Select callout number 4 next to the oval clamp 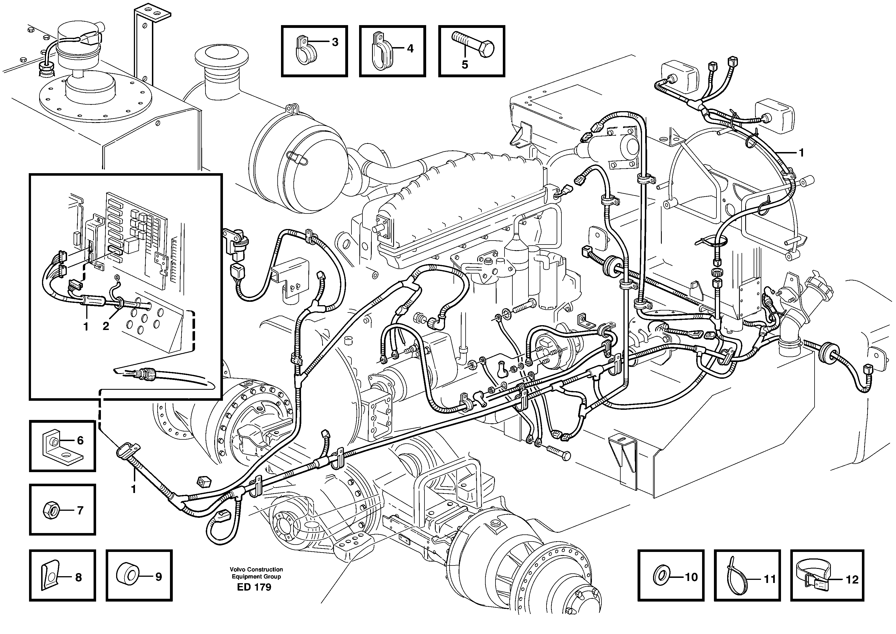pos(410,49)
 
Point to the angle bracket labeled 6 pos(58,445)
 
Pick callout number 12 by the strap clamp pos(852,580)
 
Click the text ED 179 pos(254,587)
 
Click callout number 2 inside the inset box pos(106,326)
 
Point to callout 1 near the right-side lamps pos(801,153)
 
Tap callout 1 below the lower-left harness pos(134,489)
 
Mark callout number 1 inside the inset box pos(86,326)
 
